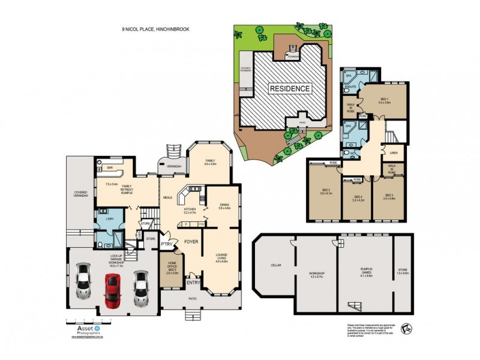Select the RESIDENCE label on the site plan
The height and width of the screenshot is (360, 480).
tap(290, 89)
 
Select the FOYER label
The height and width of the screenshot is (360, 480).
tap(191, 242)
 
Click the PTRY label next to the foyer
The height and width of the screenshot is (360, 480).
tap(167, 245)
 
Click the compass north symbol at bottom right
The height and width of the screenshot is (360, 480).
tap(407, 328)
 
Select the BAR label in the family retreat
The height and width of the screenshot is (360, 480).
tap(110, 169)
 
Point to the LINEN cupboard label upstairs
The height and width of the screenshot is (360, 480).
tap(393, 154)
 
